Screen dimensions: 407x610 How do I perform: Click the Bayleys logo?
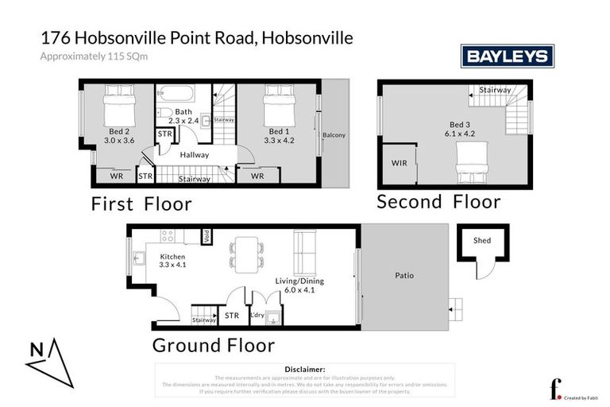[x=508, y=56]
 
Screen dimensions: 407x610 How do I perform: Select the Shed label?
[x=482, y=240]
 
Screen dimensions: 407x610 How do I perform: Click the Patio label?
[x=404, y=276]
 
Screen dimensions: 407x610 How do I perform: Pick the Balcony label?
[x=334, y=135]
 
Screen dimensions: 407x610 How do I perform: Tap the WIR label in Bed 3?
[x=399, y=163]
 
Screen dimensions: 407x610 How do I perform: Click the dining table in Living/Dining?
[x=248, y=253]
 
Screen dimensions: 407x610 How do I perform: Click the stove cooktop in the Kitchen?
[x=168, y=235]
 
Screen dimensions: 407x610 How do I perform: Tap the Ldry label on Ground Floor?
[x=257, y=316]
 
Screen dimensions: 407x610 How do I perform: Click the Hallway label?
[x=194, y=154]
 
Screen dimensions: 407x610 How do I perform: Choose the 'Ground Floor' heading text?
[x=213, y=346]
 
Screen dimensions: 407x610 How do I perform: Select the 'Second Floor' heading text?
[x=438, y=201]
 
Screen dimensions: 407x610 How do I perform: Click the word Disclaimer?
[x=304, y=370]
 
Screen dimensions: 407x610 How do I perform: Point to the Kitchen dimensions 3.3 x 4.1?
[x=172, y=265]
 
